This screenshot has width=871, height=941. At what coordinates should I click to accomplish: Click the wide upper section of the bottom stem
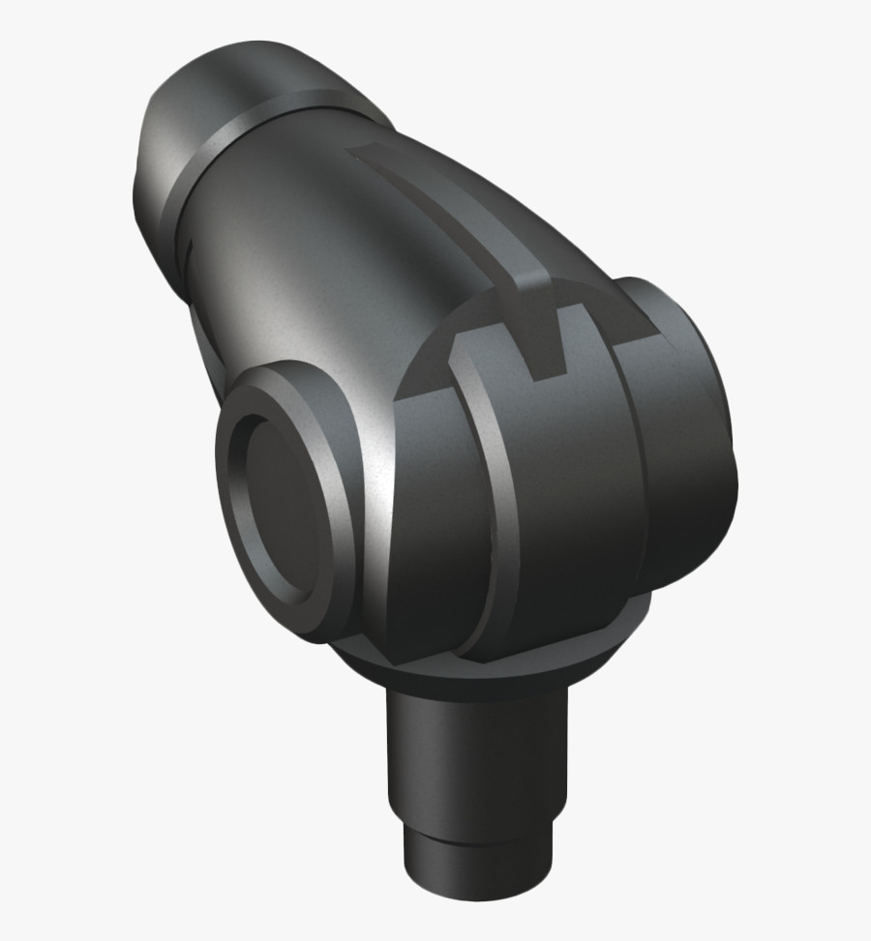(474, 754)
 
